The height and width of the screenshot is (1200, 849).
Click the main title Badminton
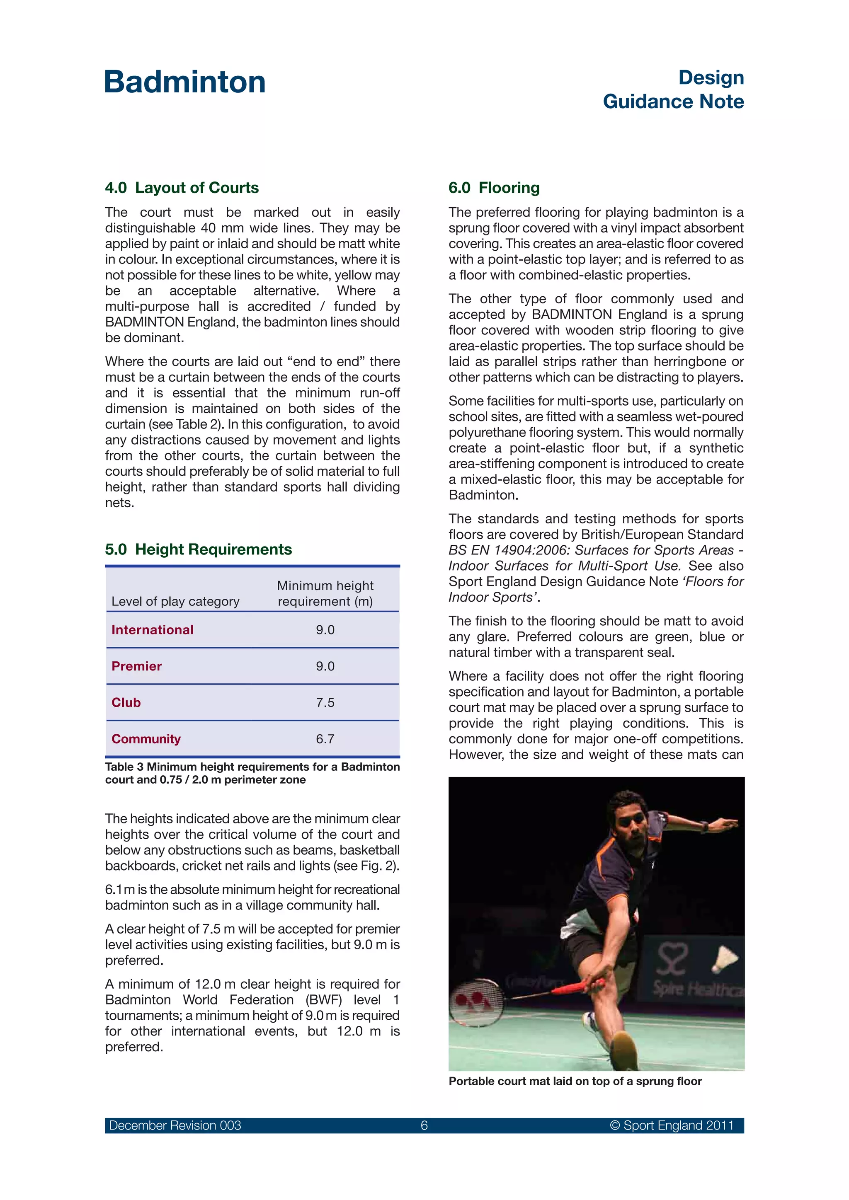point(185,82)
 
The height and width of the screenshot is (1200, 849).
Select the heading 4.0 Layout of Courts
point(182,188)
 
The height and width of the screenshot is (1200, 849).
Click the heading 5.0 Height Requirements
point(198,549)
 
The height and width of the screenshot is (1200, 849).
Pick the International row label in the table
point(152,630)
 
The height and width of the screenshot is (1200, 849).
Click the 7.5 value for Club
point(325,702)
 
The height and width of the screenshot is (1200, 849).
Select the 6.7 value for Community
point(325,739)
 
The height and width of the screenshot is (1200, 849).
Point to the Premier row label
point(136,666)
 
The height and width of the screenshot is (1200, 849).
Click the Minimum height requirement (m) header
point(325,593)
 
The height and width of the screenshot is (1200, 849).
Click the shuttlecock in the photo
point(725,959)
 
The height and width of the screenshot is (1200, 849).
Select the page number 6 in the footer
point(424,1125)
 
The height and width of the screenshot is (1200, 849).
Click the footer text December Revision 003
point(175,1125)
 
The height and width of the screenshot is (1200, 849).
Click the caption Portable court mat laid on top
point(575,1081)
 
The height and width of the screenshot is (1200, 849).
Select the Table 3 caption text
point(252,773)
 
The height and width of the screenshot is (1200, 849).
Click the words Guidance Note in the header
point(673,102)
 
